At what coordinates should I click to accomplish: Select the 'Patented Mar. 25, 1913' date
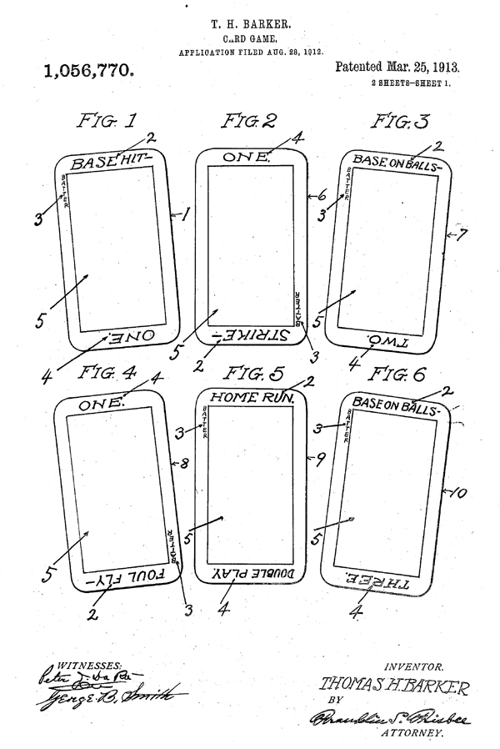[x=397, y=66]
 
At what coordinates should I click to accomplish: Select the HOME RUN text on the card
[x=249, y=399]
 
